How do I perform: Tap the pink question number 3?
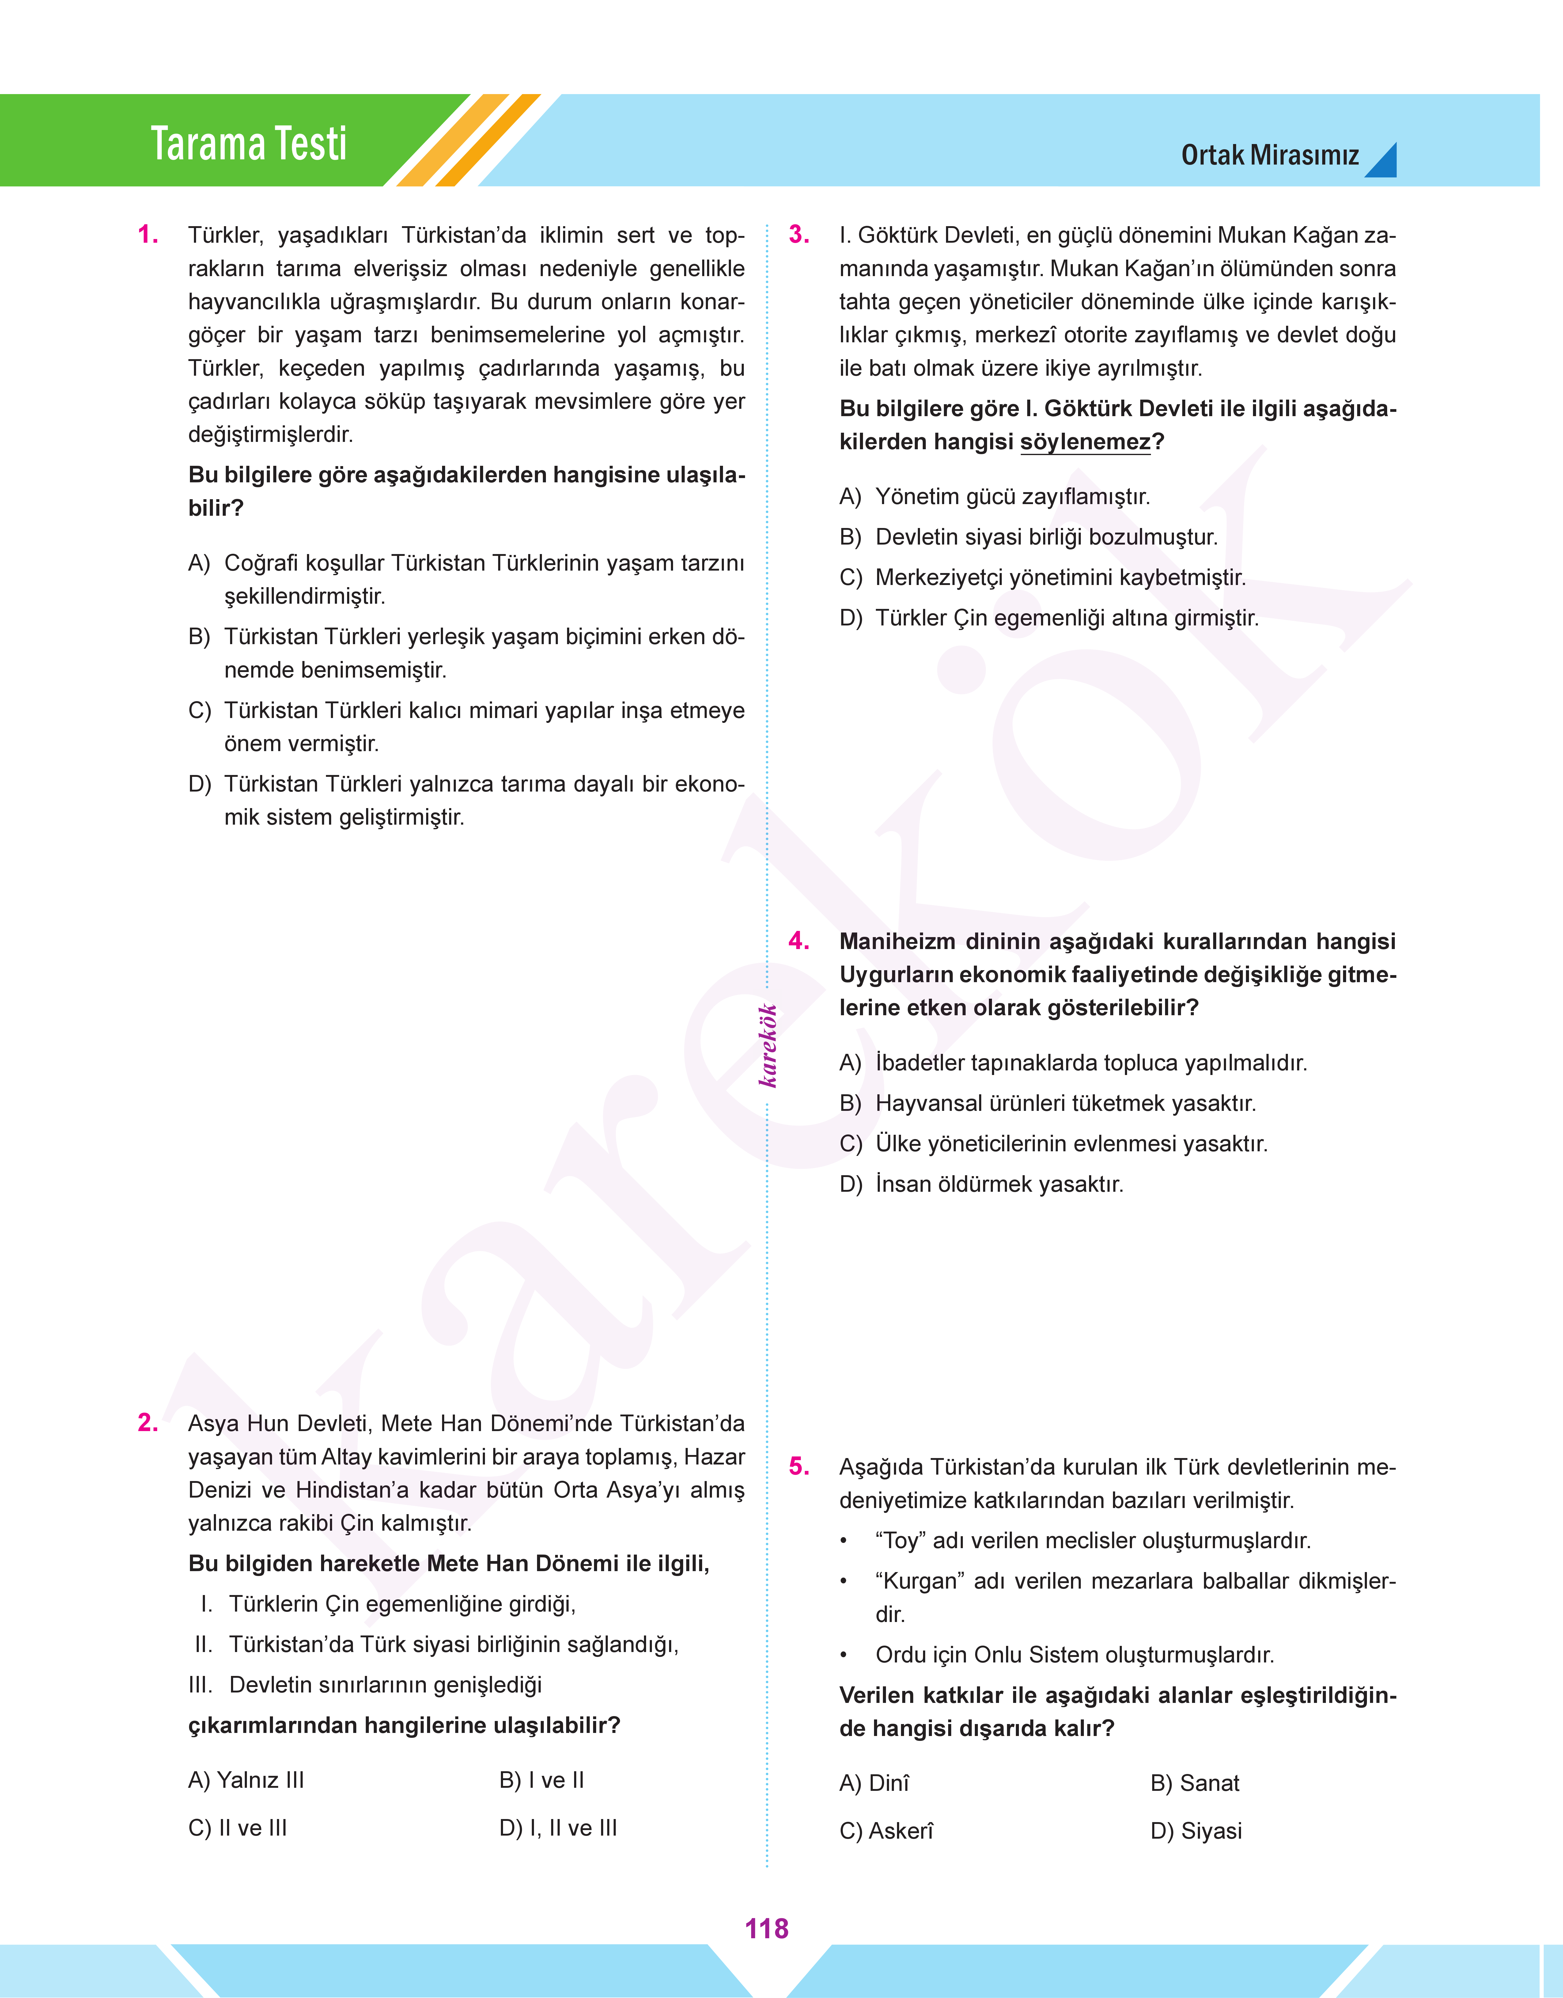(x=799, y=235)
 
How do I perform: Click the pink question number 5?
(x=799, y=1466)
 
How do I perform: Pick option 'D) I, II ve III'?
(x=558, y=1828)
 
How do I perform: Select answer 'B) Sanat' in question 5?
(x=1194, y=1783)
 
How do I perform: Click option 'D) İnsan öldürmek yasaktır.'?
(x=981, y=1184)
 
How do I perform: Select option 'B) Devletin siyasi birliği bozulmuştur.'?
(x=1029, y=537)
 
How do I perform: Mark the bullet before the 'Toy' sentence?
(x=844, y=1541)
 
